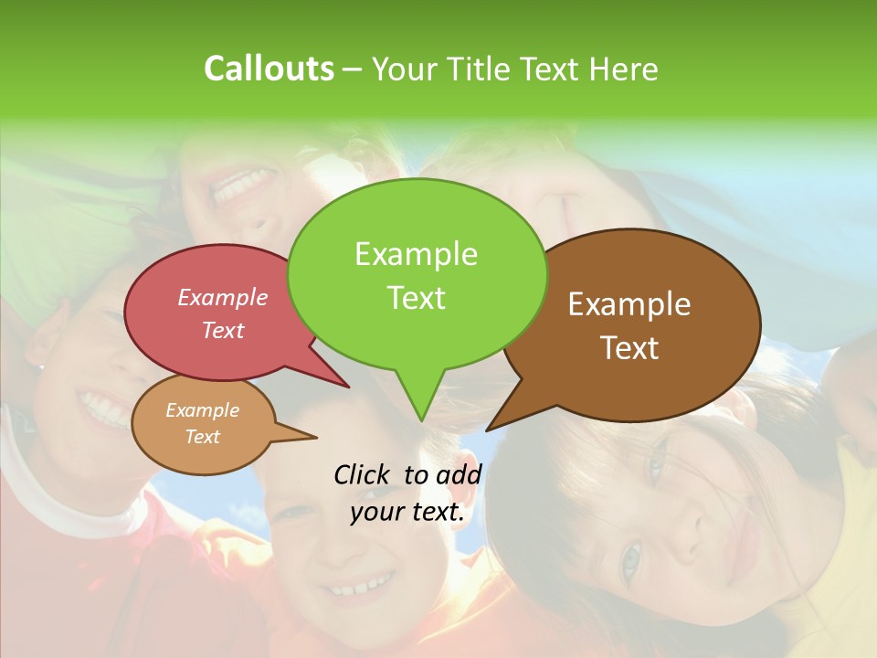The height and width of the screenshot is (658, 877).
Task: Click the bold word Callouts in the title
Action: pyautogui.click(x=269, y=69)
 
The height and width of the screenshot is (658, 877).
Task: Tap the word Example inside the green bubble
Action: pyautogui.click(x=417, y=254)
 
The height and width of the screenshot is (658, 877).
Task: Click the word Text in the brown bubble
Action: pyautogui.click(x=629, y=348)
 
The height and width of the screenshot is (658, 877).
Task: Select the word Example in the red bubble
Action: pyautogui.click(x=223, y=298)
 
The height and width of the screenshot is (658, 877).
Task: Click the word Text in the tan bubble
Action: pyautogui.click(x=203, y=437)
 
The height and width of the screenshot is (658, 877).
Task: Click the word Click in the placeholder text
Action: pyautogui.click(x=362, y=474)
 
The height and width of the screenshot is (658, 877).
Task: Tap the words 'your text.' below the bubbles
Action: pyautogui.click(x=407, y=512)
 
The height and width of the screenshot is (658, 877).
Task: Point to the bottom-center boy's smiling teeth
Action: pyautogui.click(x=363, y=585)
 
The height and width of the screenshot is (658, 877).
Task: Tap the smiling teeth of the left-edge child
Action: pyautogui.click(x=103, y=407)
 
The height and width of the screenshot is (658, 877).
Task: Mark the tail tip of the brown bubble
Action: pyautogui.click(x=488, y=429)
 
